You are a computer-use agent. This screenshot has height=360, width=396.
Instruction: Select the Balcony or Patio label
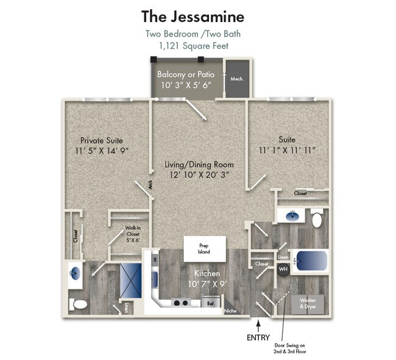(x=186, y=74)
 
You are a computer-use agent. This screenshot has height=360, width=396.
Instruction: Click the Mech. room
(x=237, y=79)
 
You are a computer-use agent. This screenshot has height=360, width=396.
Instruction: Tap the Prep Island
(x=205, y=249)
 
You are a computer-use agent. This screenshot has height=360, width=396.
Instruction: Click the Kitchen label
(x=207, y=274)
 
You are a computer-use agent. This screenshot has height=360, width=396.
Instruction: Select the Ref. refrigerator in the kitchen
(x=211, y=303)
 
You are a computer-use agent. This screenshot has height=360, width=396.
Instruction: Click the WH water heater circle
(x=283, y=268)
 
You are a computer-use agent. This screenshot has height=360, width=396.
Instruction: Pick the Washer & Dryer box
(x=308, y=304)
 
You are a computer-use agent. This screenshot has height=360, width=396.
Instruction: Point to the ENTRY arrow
(x=258, y=326)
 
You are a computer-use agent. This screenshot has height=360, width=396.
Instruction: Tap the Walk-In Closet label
(x=133, y=232)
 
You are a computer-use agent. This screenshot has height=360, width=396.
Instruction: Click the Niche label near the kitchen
(x=230, y=311)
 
